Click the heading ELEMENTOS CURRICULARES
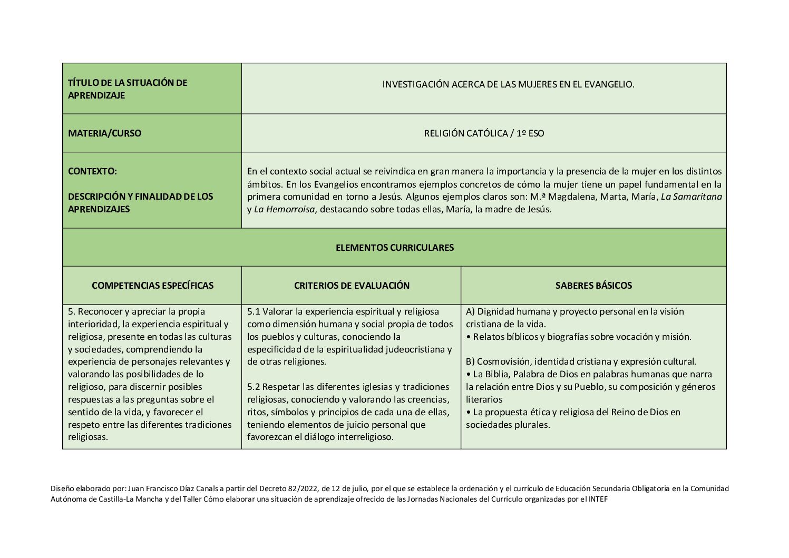pyautogui.click(x=394, y=248)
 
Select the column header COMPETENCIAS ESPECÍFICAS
pyautogui.click(x=152, y=286)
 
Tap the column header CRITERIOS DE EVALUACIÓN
pyautogui.click(x=352, y=286)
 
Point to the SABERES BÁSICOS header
pyautogui.click(x=593, y=286)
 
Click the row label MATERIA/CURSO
pyautogui.click(x=104, y=133)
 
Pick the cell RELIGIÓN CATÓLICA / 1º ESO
pyautogui.click(x=484, y=133)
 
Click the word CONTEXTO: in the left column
pyautogui.click(x=92, y=171)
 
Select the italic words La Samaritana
pyautogui.click(x=691, y=197)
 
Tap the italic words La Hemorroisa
pyautogui.click(x=284, y=209)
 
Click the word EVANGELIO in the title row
pyautogui.click(x=608, y=84)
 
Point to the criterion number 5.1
pyautogui.click(x=254, y=311)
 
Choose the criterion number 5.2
pyautogui.click(x=254, y=387)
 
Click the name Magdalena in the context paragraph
pyautogui.click(x=569, y=197)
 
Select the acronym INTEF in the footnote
pyautogui.click(x=598, y=499)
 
